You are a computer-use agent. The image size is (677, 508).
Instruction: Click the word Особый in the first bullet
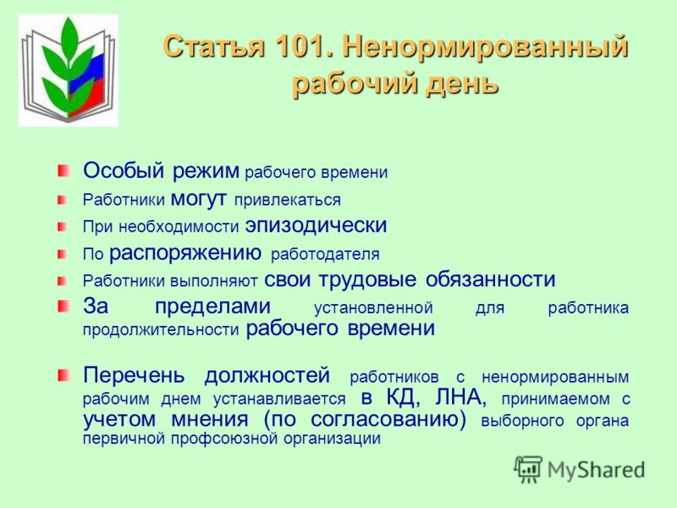click(x=124, y=170)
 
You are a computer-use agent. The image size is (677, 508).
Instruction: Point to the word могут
click(x=199, y=199)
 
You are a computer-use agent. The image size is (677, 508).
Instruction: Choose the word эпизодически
click(x=316, y=225)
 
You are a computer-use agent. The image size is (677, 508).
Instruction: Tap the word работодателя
click(x=325, y=255)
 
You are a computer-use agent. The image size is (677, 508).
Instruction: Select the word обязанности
click(x=490, y=279)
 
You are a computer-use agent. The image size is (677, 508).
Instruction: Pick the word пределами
click(x=213, y=306)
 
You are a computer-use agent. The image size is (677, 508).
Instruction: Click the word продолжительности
click(x=161, y=330)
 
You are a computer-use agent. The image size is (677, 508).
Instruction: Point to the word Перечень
click(x=134, y=374)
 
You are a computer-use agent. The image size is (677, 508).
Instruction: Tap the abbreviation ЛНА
click(x=460, y=397)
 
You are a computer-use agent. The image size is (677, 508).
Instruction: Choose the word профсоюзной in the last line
click(x=224, y=439)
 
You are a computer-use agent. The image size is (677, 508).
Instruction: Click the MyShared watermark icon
click(x=527, y=469)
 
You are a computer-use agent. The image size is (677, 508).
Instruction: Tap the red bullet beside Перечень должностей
click(x=63, y=375)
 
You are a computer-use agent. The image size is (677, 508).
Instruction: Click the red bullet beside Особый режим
click(x=63, y=170)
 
